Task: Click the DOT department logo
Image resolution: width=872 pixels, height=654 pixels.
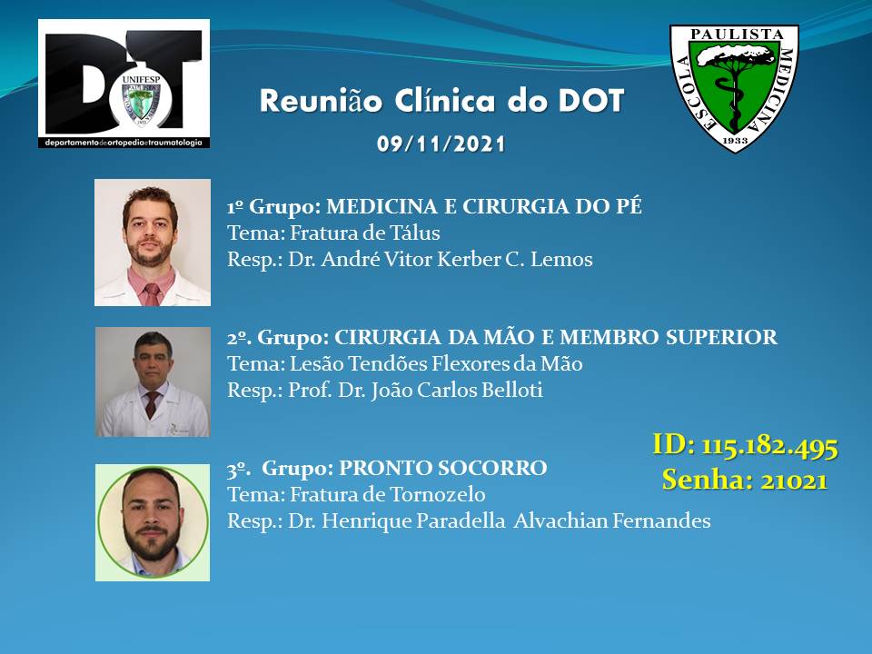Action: coord(124,84)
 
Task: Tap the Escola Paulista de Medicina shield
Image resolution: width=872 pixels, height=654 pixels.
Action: coord(734,88)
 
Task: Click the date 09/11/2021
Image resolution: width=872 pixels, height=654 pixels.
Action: coord(441,144)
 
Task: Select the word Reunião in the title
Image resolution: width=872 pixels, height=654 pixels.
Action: coord(321,101)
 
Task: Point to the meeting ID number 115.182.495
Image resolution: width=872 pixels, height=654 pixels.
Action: coord(769,446)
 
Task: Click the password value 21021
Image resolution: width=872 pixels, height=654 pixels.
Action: coord(795,480)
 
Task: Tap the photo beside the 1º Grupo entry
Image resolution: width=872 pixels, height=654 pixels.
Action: coord(153,243)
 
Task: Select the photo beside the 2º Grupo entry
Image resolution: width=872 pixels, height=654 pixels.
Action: coord(153,381)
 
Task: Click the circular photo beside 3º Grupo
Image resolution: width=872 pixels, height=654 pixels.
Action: coord(153,523)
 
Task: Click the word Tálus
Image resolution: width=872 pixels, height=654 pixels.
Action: coord(415,233)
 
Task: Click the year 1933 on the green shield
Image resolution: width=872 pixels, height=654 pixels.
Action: coord(735,140)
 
